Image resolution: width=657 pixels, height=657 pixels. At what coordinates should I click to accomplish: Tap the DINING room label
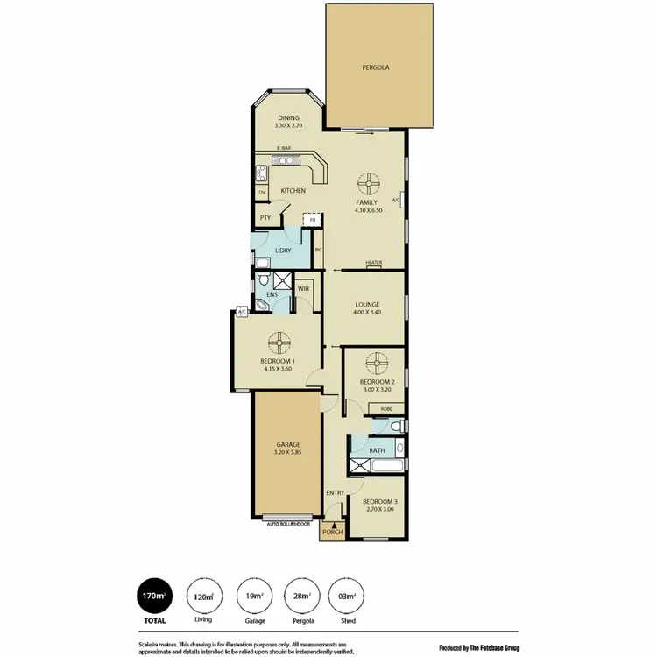pos(289,118)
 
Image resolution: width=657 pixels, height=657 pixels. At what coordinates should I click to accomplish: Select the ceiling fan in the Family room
pos(368,184)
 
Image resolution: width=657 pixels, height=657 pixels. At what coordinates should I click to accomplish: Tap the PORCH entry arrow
pos(332,522)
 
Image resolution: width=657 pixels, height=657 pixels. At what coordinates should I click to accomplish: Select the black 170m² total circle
pos(154,597)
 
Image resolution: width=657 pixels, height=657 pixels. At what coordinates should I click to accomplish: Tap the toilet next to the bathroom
pos(396,426)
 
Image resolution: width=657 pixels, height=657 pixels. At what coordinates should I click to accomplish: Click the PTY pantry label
pos(265,219)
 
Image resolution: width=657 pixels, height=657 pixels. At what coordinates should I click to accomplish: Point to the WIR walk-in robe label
pos(304,288)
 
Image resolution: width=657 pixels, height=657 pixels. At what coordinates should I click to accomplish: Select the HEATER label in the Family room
pos(374,263)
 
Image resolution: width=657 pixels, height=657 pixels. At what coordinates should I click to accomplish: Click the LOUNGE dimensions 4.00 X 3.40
pos(368,312)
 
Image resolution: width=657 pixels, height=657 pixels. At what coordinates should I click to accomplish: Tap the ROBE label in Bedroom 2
pos(385,409)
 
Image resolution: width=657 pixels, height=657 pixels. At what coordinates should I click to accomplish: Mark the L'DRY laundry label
pos(283,251)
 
